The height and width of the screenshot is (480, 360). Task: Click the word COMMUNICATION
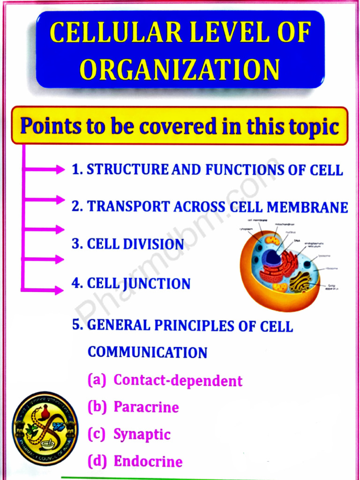[147, 352]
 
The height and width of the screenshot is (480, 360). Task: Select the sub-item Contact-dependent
[178, 380]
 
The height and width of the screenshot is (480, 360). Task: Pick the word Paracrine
[146, 407]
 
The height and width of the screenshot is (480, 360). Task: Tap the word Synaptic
[142, 434]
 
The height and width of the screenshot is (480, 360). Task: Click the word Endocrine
[148, 462]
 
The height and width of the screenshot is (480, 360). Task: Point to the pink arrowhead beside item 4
[59, 291]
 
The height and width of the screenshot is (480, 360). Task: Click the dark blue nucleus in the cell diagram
[271, 257]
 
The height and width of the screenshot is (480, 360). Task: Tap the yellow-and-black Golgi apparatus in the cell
[300, 281]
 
